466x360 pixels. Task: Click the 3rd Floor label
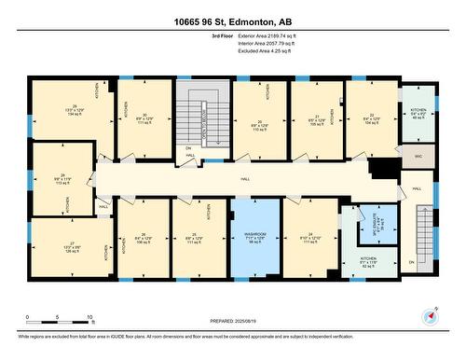[x=223, y=35]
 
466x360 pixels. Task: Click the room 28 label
[x=63, y=175]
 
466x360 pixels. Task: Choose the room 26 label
[x=144, y=234]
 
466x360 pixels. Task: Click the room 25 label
[x=195, y=234]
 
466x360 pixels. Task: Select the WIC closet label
[x=418, y=157]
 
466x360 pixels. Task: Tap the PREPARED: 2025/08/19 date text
[x=232, y=320]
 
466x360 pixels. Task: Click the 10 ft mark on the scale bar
[x=89, y=317]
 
